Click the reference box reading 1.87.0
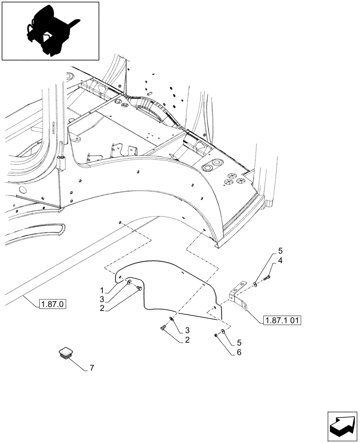coord(52,304)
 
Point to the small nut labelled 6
coord(215,335)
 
